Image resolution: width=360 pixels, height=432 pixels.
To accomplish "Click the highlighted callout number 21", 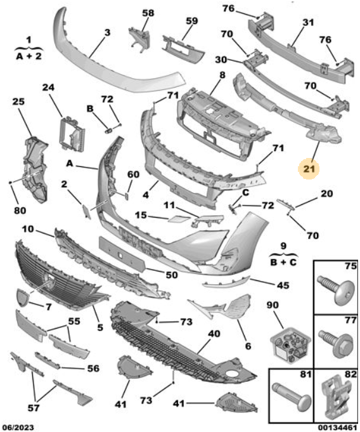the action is (x=309, y=169).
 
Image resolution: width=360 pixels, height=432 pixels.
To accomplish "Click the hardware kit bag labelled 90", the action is (x=291, y=344).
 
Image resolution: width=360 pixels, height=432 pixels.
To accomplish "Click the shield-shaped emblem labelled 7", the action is (x=23, y=298).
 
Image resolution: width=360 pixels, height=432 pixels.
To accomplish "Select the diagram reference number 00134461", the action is (x=337, y=428).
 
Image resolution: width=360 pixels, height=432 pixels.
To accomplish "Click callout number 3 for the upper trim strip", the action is (x=107, y=32).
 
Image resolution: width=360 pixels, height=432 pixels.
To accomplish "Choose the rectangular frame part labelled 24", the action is (x=72, y=134).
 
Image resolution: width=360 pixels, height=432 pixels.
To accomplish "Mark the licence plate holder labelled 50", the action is (x=122, y=254).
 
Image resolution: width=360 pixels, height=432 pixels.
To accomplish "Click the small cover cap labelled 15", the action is (x=179, y=219).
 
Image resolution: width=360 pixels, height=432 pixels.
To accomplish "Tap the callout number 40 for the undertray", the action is (x=214, y=334).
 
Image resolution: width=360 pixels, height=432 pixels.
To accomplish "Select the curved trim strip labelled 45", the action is (x=226, y=282).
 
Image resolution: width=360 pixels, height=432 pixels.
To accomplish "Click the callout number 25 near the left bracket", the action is (x=18, y=101).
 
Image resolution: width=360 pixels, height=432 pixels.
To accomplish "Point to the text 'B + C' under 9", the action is (x=283, y=262).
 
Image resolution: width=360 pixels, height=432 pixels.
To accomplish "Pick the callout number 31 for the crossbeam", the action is (x=308, y=22).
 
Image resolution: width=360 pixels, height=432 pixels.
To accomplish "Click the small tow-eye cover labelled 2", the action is (x=86, y=211).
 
